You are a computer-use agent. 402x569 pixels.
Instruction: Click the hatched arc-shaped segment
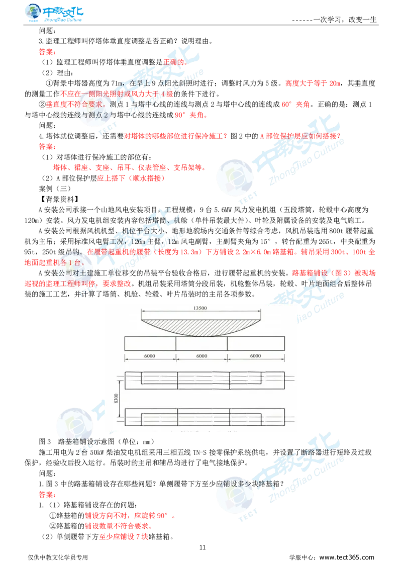pos(201,323)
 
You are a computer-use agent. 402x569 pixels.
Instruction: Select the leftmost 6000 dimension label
pos(150,355)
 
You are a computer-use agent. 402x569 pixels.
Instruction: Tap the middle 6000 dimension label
pos(202,355)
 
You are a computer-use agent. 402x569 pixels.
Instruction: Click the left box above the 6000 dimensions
pos(150,343)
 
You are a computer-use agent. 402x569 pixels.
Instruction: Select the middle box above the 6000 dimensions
pos(202,343)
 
